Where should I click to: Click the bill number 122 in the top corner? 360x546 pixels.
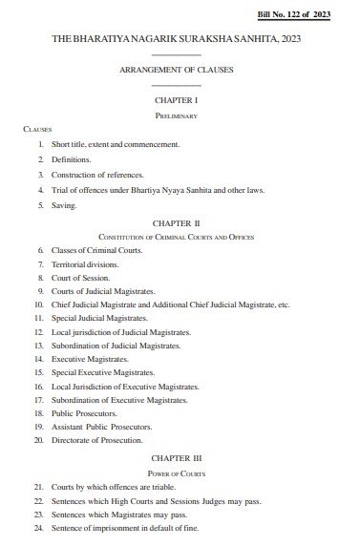(301, 15)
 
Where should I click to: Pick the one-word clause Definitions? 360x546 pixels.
(72, 158)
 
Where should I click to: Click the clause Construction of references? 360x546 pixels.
(97, 175)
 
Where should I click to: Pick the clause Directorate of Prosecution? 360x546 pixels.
(96, 441)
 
